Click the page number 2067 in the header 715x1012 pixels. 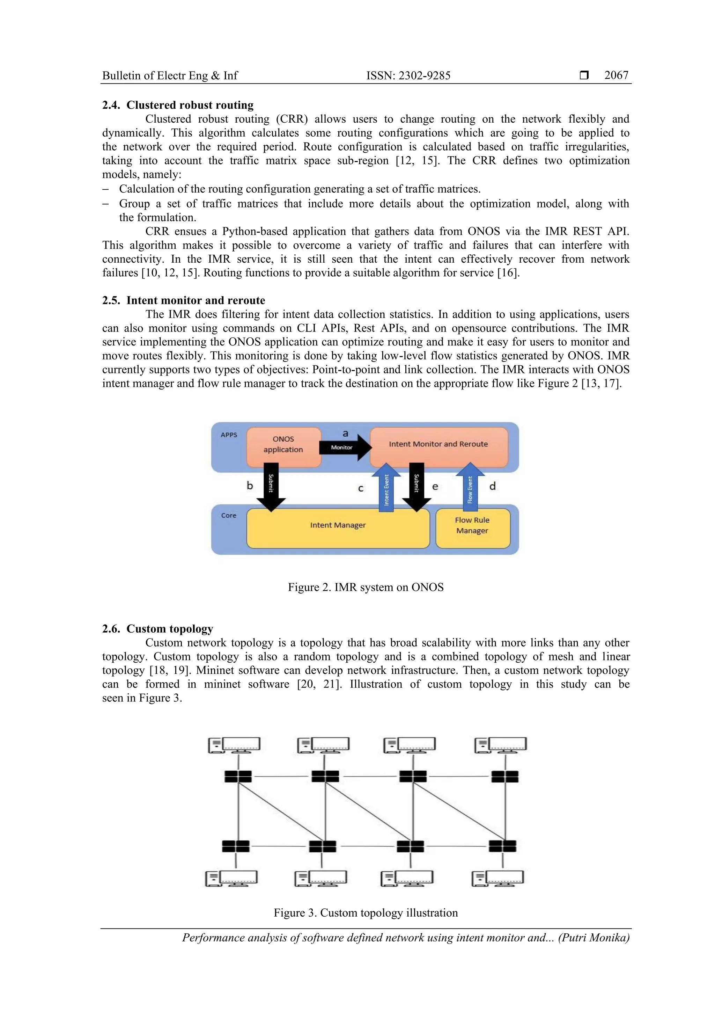click(616, 75)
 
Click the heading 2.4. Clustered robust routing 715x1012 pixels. click(178, 105)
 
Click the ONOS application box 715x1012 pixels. click(283, 445)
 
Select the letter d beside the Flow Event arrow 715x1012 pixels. click(493, 486)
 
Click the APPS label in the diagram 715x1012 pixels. click(229, 435)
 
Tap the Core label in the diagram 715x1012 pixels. click(229, 515)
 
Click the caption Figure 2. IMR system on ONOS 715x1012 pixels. click(365, 588)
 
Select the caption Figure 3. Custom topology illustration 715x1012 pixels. click(365, 912)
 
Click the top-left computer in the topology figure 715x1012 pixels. click(234, 745)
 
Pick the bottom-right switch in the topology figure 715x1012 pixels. click(502, 846)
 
